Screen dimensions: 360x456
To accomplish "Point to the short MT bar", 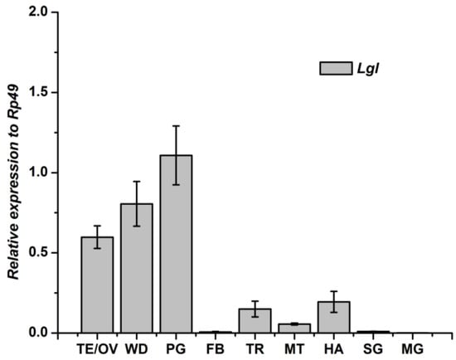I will pos(294,328).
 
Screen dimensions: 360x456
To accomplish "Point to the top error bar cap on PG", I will pos(176,126).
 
